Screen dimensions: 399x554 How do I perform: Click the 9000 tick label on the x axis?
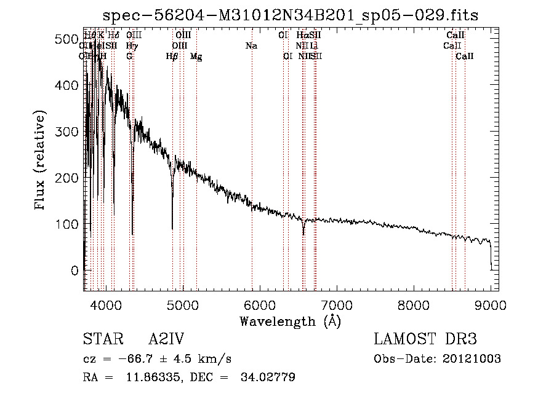[x=490, y=304]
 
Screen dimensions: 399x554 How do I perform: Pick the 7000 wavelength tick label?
[x=336, y=304]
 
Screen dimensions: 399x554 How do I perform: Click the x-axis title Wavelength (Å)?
[x=290, y=321]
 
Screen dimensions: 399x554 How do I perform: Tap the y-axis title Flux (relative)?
[x=41, y=161]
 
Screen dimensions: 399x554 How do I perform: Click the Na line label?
[x=251, y=45]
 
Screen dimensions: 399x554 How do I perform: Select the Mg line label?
[x=196, y=57]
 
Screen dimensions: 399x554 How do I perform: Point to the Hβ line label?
[x=172, y=57]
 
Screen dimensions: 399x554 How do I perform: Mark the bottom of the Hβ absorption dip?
[x=172, y=228]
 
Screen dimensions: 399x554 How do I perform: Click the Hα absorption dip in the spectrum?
[x=303, y=234]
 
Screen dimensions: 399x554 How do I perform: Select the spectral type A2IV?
[x=166, y=339]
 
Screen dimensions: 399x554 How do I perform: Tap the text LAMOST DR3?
[x=425, y=339]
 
